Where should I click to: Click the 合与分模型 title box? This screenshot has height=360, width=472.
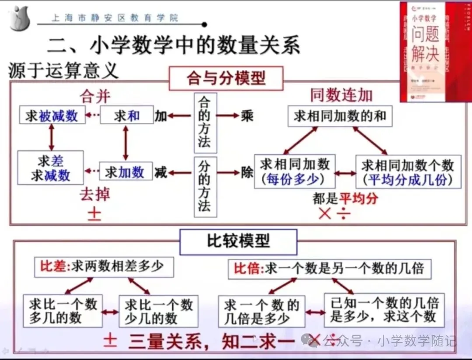tap(226, 79)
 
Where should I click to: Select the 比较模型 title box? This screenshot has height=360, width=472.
tap(238, 241)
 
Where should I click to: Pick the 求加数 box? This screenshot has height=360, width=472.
tap(126, 171)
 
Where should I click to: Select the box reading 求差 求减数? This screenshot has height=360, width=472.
tap(50, 168)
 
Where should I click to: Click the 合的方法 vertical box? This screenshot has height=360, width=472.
tap(205, 123)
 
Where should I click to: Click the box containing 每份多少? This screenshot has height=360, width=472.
tap(295, 171)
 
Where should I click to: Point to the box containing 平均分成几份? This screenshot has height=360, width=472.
tap(408, 172)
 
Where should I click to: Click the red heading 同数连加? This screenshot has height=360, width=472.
tap(341, 94)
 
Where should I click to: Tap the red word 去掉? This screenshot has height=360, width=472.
tap(95, 195)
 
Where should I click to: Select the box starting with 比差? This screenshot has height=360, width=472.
tap(104, 266)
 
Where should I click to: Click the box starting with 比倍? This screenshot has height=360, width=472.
tap(329, 268)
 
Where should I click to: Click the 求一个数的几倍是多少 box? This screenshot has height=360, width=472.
tap(261, 311)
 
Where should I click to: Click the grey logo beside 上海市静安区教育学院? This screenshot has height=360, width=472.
tap(20, 18)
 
